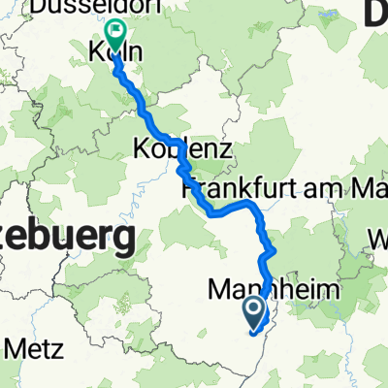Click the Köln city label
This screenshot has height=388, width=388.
click(114, 54)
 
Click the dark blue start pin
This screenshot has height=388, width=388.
click(254, 311)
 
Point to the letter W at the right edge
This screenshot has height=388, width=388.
click(377, 237)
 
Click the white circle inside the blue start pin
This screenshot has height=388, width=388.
click(254, 308)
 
